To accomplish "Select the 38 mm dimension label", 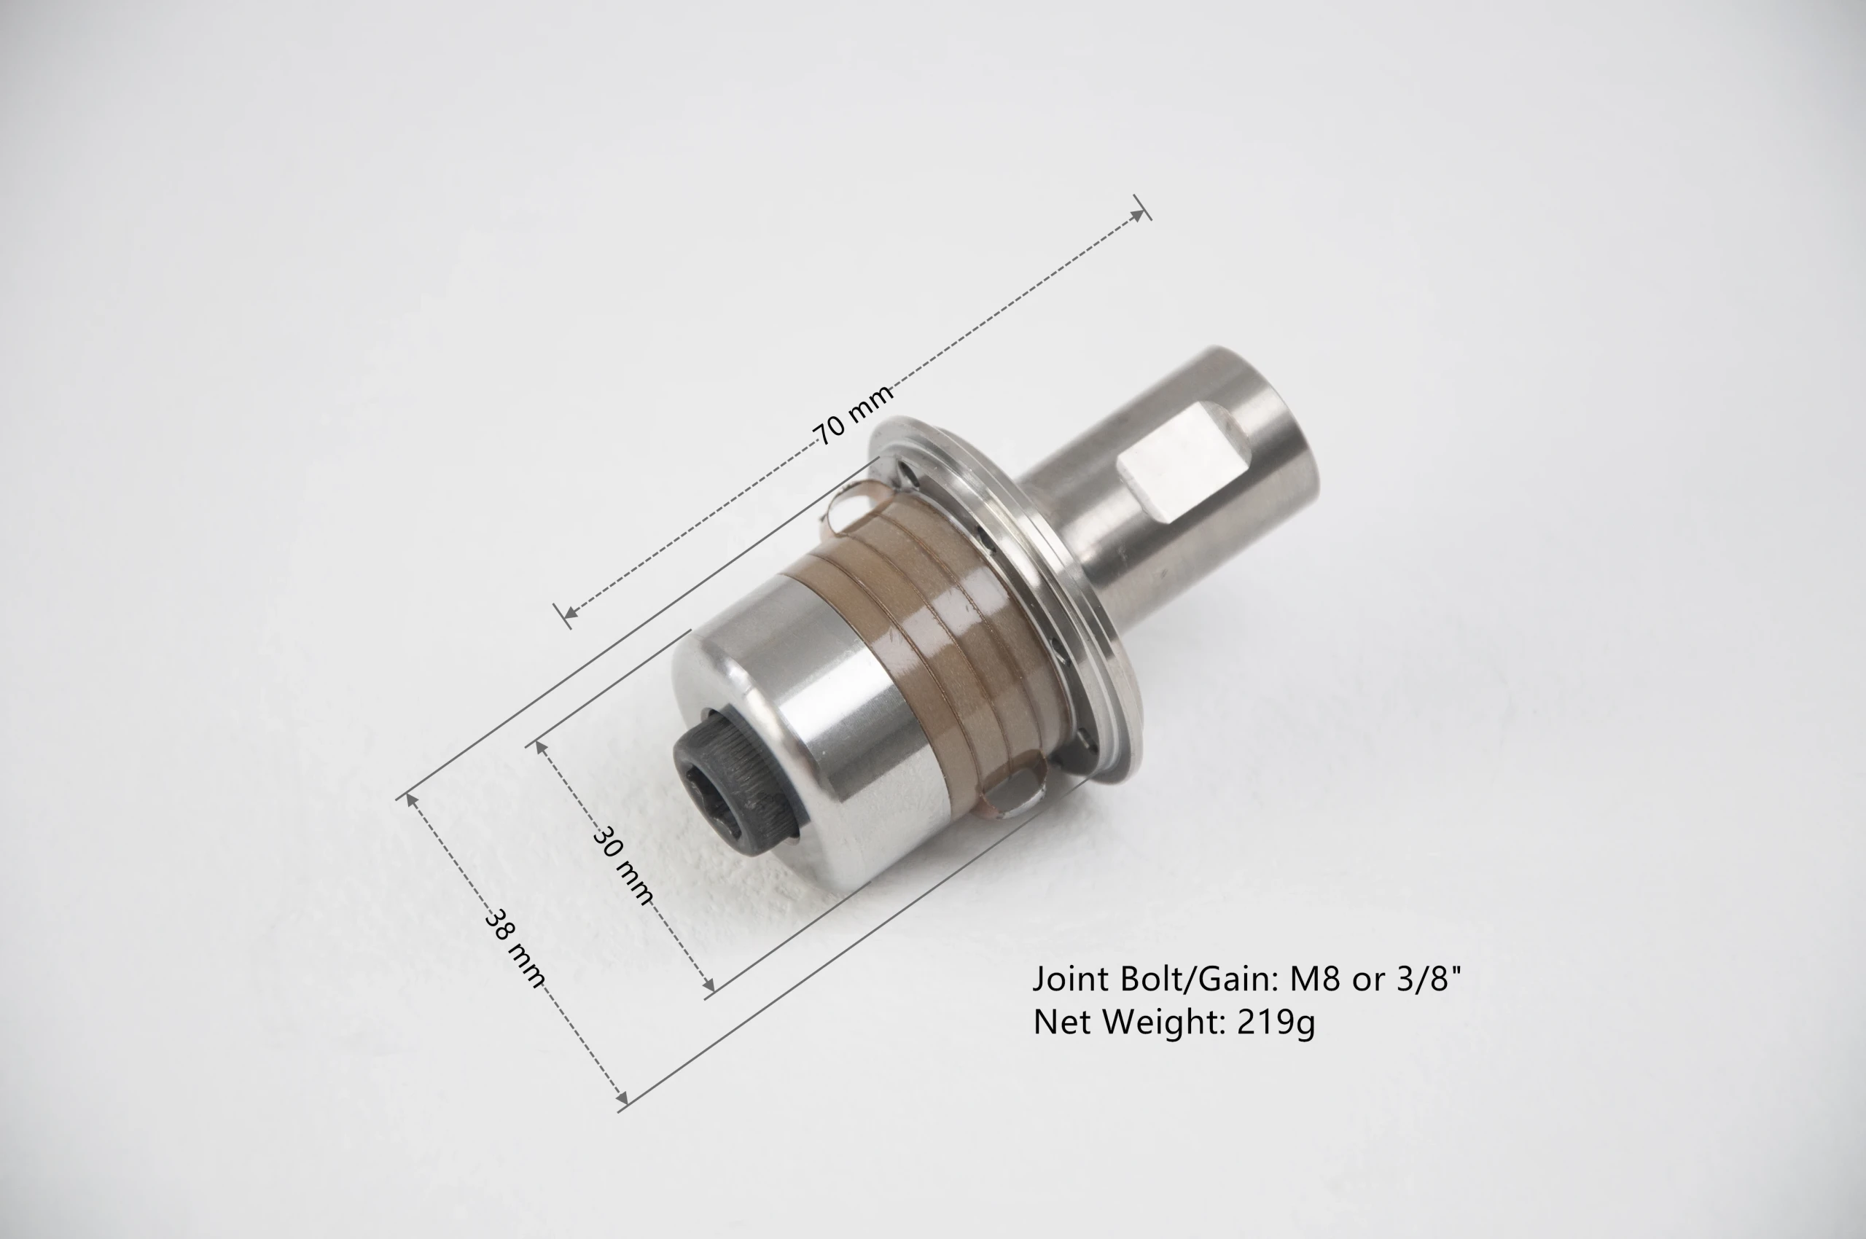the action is (x=515, y=948).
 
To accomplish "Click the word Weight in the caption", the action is (x=1164, y=1023).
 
